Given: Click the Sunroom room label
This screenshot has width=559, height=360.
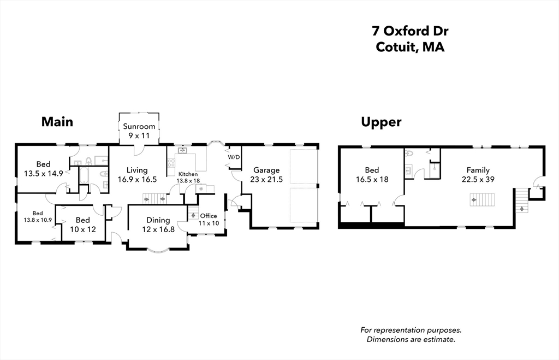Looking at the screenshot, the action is point(139,126).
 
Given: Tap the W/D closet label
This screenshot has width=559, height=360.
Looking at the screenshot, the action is point(234,157).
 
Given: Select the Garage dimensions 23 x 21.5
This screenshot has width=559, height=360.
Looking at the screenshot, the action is point(266,180).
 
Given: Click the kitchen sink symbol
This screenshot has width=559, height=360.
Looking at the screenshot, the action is point(182,151).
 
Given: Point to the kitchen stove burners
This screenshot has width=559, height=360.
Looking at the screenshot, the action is point(171,163).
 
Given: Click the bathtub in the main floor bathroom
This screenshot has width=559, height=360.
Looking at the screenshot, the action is point(84,175).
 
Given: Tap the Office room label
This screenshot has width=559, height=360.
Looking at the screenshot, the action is point(209,216).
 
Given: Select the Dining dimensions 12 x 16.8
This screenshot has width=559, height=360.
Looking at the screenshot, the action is point(158,229).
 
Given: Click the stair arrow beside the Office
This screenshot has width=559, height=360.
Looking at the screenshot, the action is point(193,215).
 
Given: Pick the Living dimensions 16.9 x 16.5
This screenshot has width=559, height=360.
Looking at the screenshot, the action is point(137,180).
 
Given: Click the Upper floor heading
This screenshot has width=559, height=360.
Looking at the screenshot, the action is point(381,122).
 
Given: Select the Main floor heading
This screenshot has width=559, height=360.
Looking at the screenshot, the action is point(57,122).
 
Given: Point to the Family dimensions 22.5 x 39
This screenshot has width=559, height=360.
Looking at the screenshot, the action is point(478,180).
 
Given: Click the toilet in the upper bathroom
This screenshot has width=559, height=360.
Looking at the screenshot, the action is point(409,154).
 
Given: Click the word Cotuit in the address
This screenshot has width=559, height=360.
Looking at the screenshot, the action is point(396,47).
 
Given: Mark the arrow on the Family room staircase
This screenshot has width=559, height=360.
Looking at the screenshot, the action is point(473,200).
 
